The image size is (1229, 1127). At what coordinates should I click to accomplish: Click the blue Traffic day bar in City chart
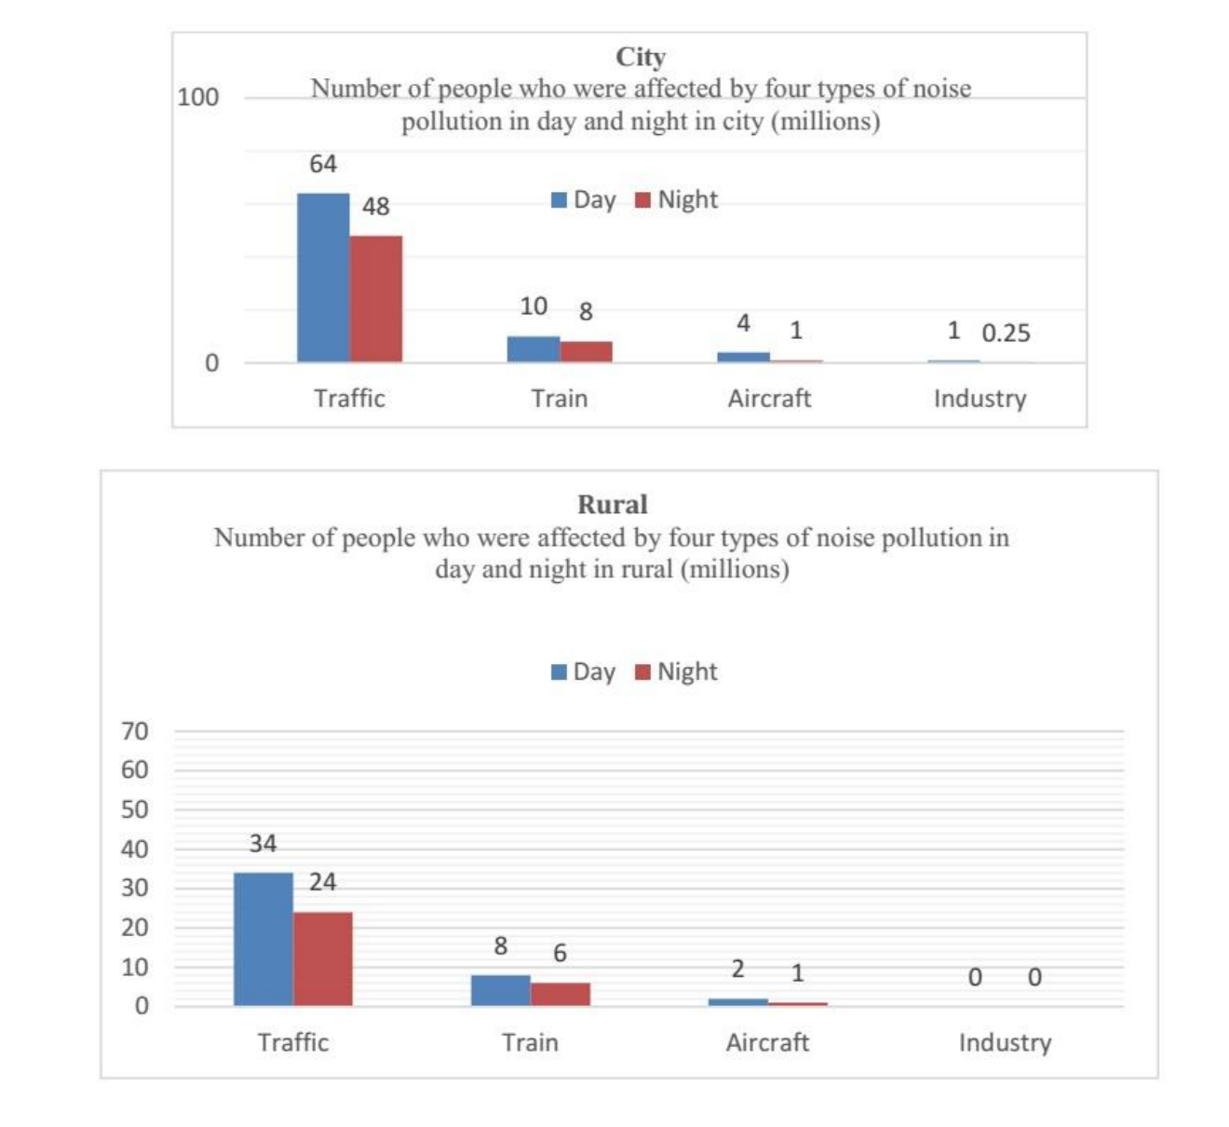(323, 278)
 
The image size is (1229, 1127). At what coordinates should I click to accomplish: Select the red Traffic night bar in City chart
(376, 298)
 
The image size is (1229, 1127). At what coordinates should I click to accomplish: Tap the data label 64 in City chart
(323, 164)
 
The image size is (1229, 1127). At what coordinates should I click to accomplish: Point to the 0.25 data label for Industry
(1006, 333)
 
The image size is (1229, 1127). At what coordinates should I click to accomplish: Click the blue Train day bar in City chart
(533, 349)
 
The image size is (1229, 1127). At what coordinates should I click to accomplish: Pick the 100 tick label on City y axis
(197, 97)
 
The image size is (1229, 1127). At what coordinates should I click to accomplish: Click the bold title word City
(641, 57)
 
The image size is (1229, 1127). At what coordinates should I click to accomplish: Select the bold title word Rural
(613, 505)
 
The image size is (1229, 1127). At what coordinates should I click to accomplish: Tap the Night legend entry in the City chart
(677, 200)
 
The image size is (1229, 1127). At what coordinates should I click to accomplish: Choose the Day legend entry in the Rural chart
(584, 672)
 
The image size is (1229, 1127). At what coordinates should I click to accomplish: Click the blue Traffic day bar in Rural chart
(263, 939)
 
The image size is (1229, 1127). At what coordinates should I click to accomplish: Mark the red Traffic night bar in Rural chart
(323, 958)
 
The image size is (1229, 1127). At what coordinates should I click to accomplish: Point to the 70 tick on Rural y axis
(135, 731)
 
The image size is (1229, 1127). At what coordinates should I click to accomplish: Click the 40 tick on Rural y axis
(135, 849)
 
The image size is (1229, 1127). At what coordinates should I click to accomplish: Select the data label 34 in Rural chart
(263, 844)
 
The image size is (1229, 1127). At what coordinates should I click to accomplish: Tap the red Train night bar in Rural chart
(560, 994)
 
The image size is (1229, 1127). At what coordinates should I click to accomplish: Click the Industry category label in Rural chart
(1005, 1042)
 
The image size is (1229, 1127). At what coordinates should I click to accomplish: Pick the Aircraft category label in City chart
(769, 399)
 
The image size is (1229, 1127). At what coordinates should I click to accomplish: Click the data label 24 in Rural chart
(322, 882)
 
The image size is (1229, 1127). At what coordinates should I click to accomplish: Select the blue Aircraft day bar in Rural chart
(738, 1002)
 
